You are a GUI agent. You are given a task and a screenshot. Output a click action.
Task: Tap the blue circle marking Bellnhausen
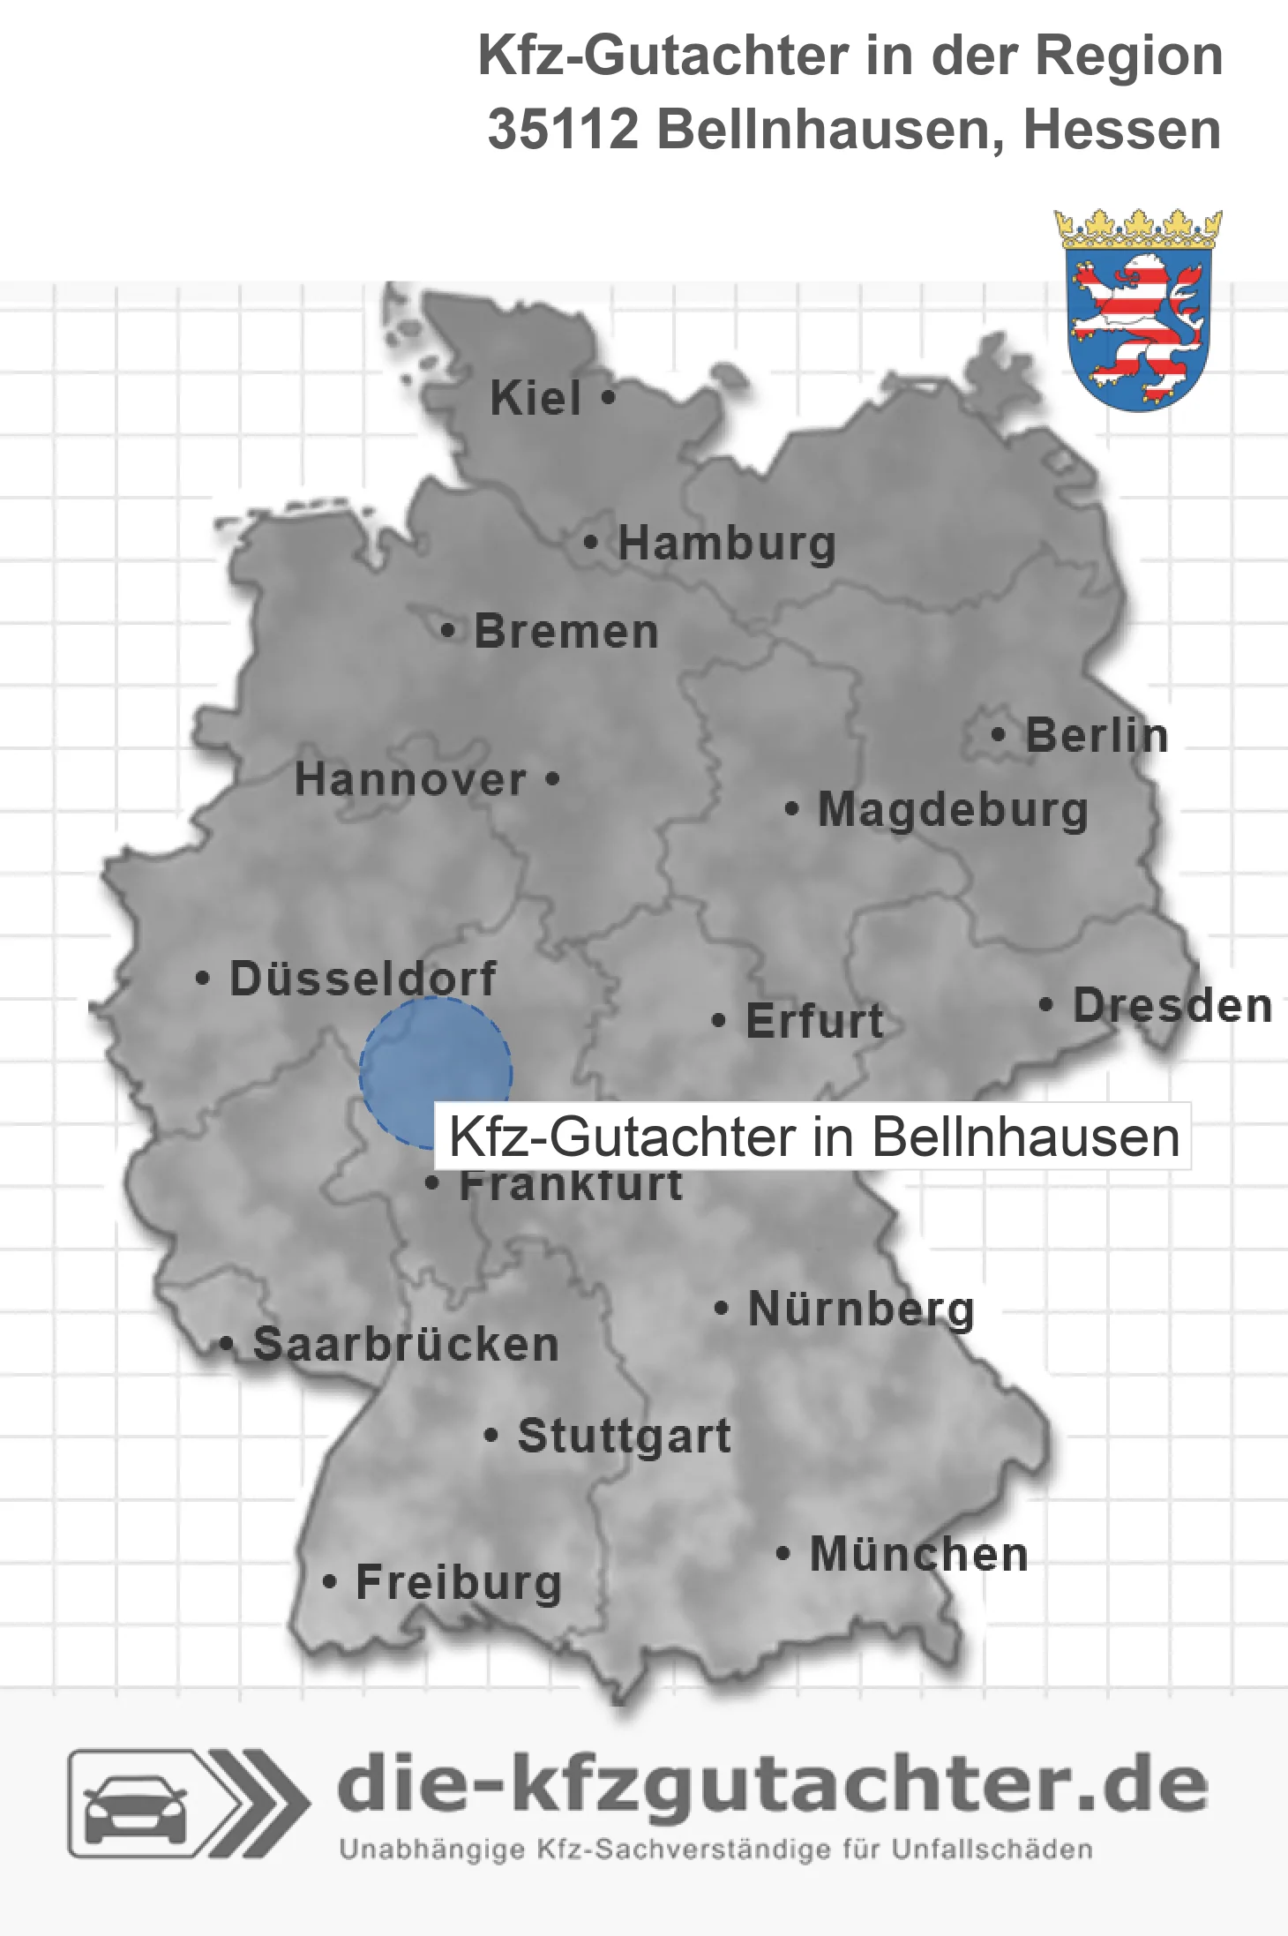pyautogui.click(x=435, y=1072)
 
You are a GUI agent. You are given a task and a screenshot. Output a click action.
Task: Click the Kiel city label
pyautogui.click(x=535, y=398)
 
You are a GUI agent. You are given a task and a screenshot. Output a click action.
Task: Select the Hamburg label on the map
pyautogui.click(x=727, y=543)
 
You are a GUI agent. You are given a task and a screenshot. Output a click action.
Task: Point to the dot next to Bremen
pyautogui.click(x=448, y=631)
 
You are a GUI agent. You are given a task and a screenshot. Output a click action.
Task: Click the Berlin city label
pyautogui.click(x=1097, y=735)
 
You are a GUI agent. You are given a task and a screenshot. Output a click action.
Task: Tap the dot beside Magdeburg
pyautogui.click(x=792, y=808)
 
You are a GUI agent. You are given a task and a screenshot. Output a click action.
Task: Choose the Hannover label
pyautogui.click(x=410, y=779)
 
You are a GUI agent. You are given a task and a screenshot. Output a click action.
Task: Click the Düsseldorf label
pyautogui.click(x=363, y=979)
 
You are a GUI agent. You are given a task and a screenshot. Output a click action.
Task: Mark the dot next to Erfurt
pyautogui.click(x=719, y=1021)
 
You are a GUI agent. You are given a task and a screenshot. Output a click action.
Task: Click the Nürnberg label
pyautogui.click(x=861, y=1309)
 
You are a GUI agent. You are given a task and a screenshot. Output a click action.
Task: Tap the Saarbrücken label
pyautogui.click(x=406, y=1344)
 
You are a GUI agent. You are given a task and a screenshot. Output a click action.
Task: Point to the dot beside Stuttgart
pyautogui.click(x=491, y=1436)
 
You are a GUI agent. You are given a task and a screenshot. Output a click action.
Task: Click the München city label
pyautogui.click(x=918, y=1554)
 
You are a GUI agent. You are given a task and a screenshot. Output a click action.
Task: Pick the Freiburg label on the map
pyautogui.click(x=458, y=1582)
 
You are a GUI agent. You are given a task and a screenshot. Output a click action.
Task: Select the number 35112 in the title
pyautogui.click(x=563, y=130)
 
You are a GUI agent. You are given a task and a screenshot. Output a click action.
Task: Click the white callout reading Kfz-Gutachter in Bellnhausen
pyautogui.click(x=813, y=1137)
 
